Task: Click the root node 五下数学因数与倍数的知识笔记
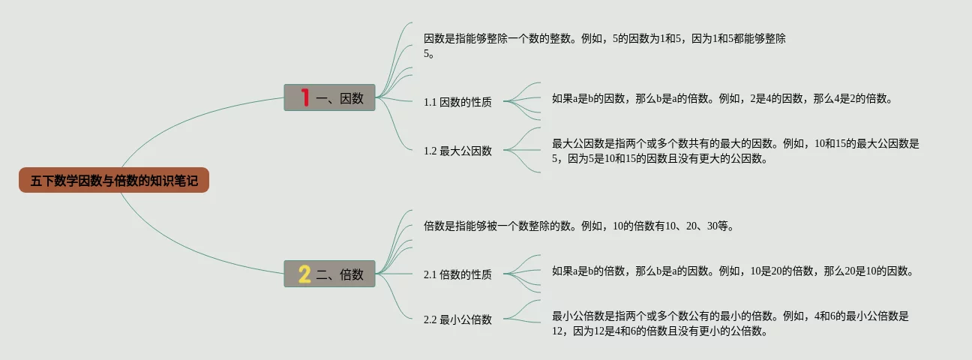[x=114, y=180]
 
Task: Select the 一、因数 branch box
[x=329, y=97]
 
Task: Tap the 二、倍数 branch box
[x=329, y=274]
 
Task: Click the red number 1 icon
[x=304, y=97]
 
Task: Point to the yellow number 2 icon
[x=304, y=274]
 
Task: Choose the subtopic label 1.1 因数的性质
[x=457, y=102]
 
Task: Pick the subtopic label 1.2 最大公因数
[x=457, y=151]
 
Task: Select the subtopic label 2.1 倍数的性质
[x=457, y=274]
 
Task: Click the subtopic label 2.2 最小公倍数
[x=457, y=319]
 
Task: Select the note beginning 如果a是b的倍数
[x=732, y=271]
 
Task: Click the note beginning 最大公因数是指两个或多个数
[x=735, y=151]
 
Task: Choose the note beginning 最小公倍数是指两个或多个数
[x=730, y=324]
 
